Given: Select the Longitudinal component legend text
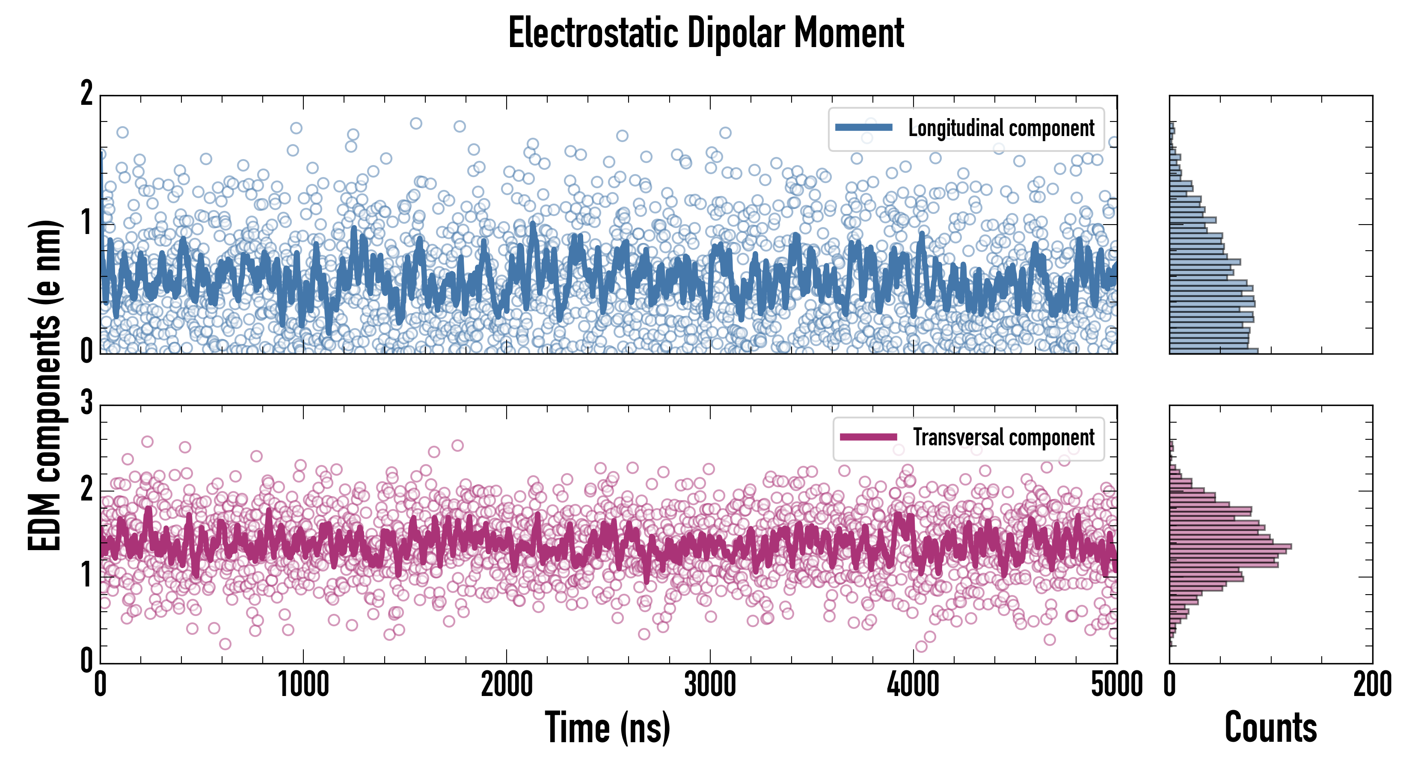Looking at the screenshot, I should pyautogui.click(x=1001, y=128).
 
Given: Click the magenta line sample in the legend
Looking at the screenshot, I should pyautogui.click(x=868, y=437).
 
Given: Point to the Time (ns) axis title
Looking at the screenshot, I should pyautogui.click(x=607, y=727).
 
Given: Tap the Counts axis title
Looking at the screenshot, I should pyautogui.click(x=1270, y=727).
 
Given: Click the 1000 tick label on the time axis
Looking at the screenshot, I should pyautogui.click(x=303, y=685).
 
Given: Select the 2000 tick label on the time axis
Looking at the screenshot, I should pyautogui.click(x=507, y=685).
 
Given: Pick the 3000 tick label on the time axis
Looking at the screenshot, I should pyautogui.click(x=710, y=685).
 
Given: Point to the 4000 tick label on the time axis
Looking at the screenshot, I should pyautogui.click(x=913, y=685).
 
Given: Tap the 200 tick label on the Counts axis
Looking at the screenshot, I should pyautogui.click(x=1372, y=685).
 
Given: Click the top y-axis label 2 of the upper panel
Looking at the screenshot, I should pyautogui.click(x=86, y=94).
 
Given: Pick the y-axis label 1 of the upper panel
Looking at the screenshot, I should pyautogui.click(x=86, y=223).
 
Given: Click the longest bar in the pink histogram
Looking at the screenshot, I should pyautogui.click(x=1230, y=546).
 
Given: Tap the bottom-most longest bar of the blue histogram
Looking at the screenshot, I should pyautogui.click(x=1213, y=350).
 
